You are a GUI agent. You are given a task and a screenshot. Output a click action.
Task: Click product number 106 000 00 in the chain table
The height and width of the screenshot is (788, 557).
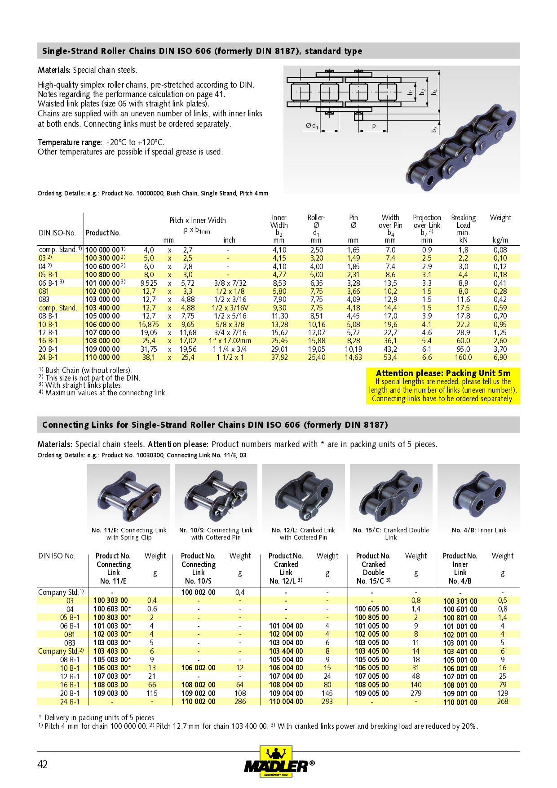[102, 324]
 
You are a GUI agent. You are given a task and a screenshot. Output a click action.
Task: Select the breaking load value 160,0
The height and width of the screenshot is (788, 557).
[463, 358]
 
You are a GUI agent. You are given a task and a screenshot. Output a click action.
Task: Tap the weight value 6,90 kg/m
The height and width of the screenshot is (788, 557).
[500, 358]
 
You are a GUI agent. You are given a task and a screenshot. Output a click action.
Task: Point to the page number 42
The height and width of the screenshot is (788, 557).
[42, 765]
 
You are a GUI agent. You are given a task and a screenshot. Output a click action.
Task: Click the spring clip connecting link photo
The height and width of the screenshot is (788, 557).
[128, 494]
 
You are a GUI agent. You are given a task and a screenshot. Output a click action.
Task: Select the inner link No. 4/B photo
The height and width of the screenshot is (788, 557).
[479, 494]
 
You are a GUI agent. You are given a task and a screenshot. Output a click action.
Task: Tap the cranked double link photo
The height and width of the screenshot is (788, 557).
[391, 494]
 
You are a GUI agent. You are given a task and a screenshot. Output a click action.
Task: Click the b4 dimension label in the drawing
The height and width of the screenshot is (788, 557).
[434, 92]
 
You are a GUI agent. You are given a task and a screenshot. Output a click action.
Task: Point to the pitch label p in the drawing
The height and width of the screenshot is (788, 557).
[373, 126]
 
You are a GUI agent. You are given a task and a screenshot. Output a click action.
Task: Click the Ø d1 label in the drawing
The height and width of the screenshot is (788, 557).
[312, 126]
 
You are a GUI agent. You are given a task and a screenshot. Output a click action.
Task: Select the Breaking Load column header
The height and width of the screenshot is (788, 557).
[463, 225]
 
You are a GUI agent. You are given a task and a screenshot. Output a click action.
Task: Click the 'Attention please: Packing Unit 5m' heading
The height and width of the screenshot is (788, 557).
[443, 373]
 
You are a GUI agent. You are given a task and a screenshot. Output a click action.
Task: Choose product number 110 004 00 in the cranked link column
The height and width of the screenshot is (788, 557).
[286, 701]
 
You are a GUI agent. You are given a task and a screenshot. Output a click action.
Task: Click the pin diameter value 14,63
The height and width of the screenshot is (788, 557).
[353, 358]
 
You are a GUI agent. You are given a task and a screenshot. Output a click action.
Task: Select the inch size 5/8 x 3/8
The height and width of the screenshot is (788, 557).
[230, 324]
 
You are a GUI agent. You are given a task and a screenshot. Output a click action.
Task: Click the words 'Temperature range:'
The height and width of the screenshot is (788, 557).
[70, 142]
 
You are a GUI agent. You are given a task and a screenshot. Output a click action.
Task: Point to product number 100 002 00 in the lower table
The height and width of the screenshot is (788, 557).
[198, 592]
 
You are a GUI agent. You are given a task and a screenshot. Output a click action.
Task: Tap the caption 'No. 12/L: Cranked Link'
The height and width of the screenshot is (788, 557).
[303, 530]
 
